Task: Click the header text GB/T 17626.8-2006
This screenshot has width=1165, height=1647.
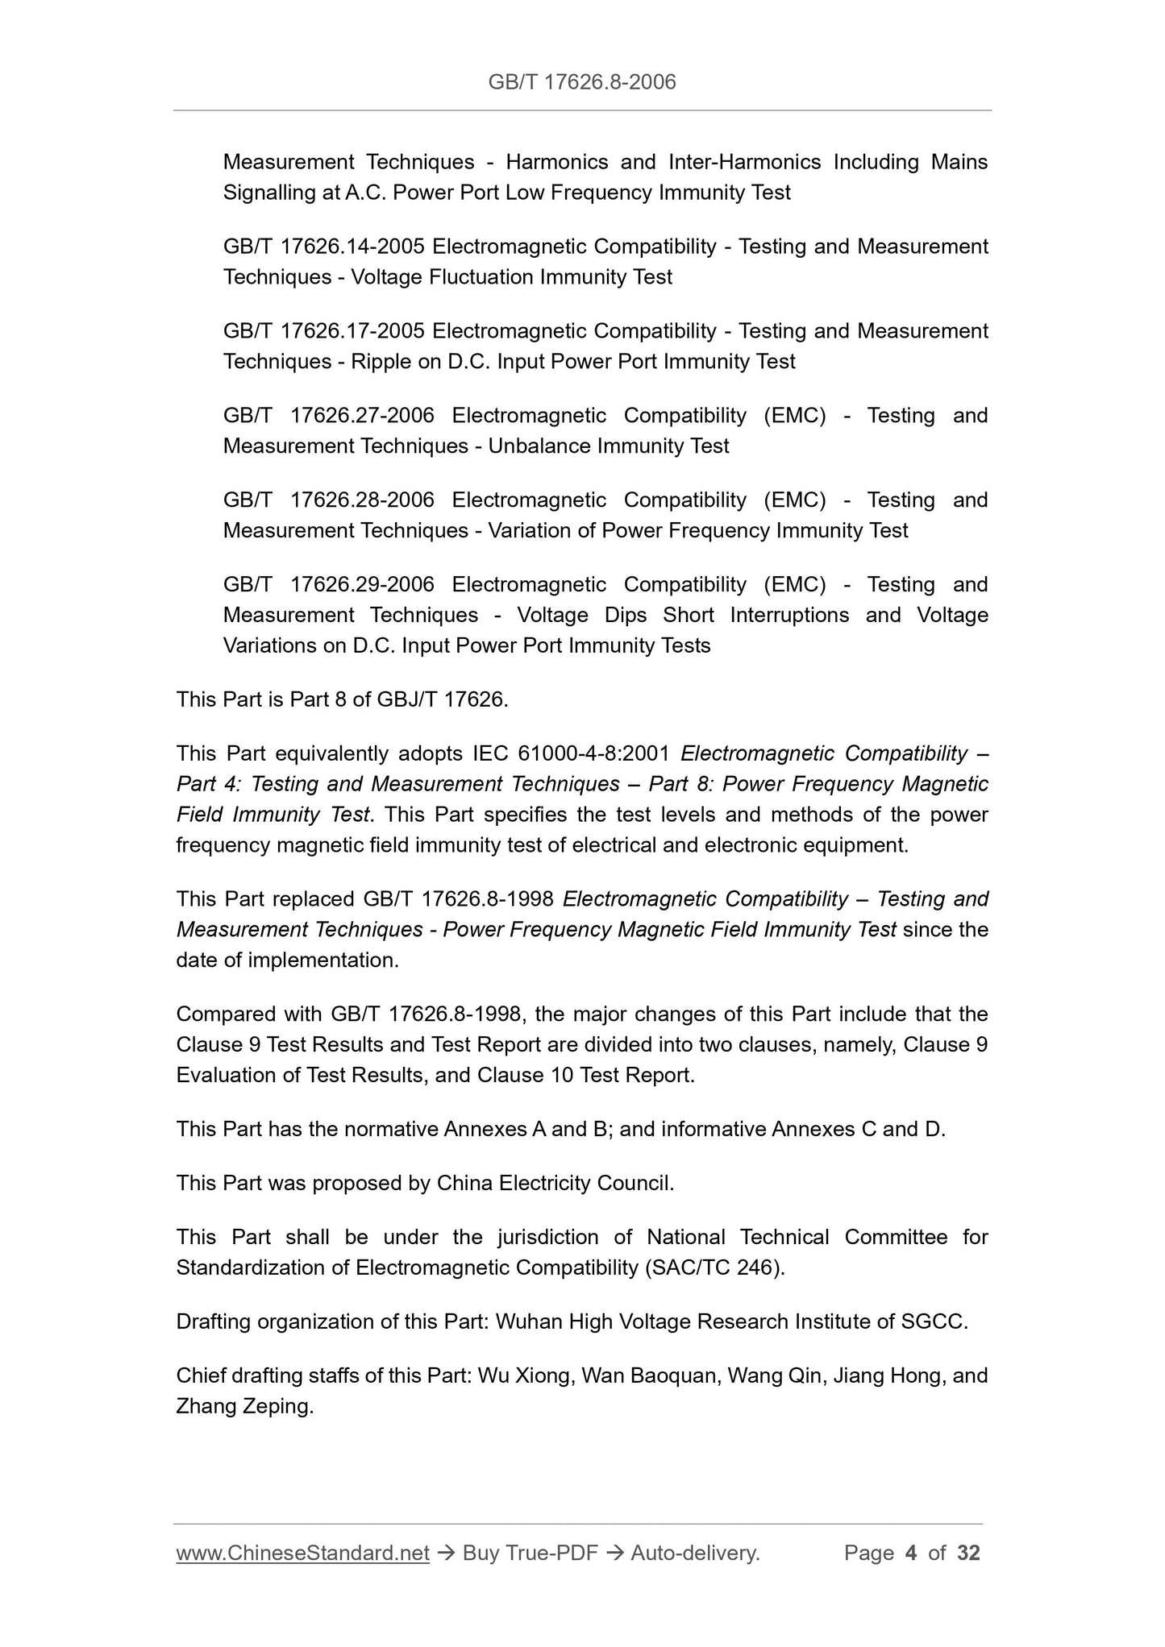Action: tap(582, 81)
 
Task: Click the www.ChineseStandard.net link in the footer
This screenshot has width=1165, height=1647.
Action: tap(302, 1553)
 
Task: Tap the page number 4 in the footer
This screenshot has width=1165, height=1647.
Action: tap(911, 1553)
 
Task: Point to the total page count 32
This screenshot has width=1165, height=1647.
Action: tap(968, 1553)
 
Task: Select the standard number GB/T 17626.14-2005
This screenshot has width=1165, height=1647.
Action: tap(324, 247)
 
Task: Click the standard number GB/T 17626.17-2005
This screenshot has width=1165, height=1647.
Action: tap(324, 331)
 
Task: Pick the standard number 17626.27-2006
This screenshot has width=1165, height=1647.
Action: tap(362, 416)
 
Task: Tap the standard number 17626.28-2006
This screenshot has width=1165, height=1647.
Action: tap(362, 500)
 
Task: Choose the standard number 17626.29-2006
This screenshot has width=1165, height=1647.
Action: tap(362, 585)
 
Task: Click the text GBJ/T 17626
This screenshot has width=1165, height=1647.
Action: tap(440, 699)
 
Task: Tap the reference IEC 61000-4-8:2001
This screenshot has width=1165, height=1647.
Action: tap(570, 754)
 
